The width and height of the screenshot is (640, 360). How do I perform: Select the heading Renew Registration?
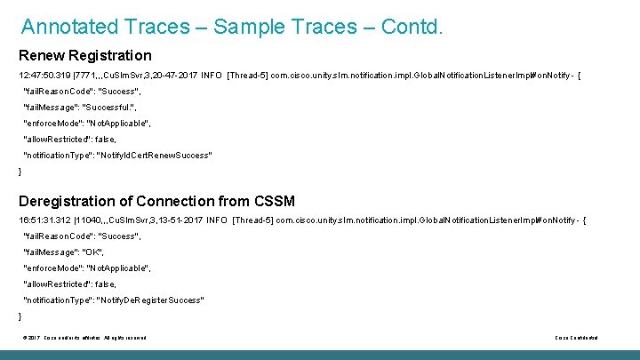tap(85, 56)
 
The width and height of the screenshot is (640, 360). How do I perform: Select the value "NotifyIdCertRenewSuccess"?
tap(154, 155)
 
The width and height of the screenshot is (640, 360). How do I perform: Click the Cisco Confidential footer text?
tap(576, 338)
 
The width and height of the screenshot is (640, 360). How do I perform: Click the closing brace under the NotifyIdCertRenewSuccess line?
tap(20, 171)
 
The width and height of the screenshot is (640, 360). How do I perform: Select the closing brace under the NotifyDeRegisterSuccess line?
tap(20, 316)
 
